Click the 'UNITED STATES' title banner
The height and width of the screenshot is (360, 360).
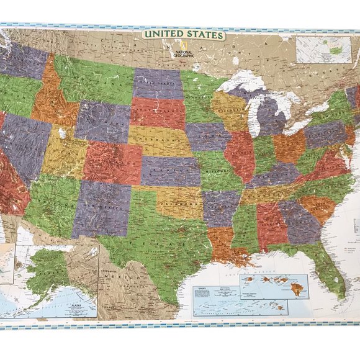183,35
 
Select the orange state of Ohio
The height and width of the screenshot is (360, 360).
289,146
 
